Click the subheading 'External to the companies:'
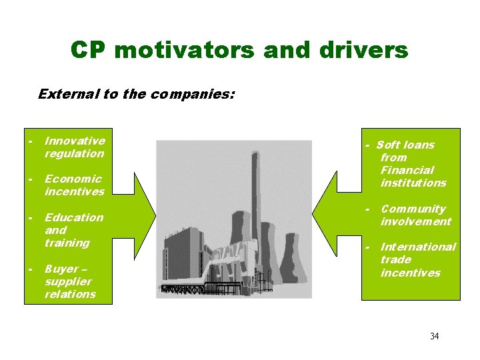pos(136,94)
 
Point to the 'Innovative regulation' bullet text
pos(74,147)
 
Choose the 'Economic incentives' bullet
pos(74,185)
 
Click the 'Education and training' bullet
pos(73,230)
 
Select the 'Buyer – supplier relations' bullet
pos(70,281)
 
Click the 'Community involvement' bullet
pos(415,215)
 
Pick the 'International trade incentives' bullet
pos(417,260)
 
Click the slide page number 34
pos(434,336)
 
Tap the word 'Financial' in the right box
pos(407,170)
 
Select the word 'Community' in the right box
pos(413,209)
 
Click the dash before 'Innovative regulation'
pos(31,141)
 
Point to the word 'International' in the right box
pos(418,247)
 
